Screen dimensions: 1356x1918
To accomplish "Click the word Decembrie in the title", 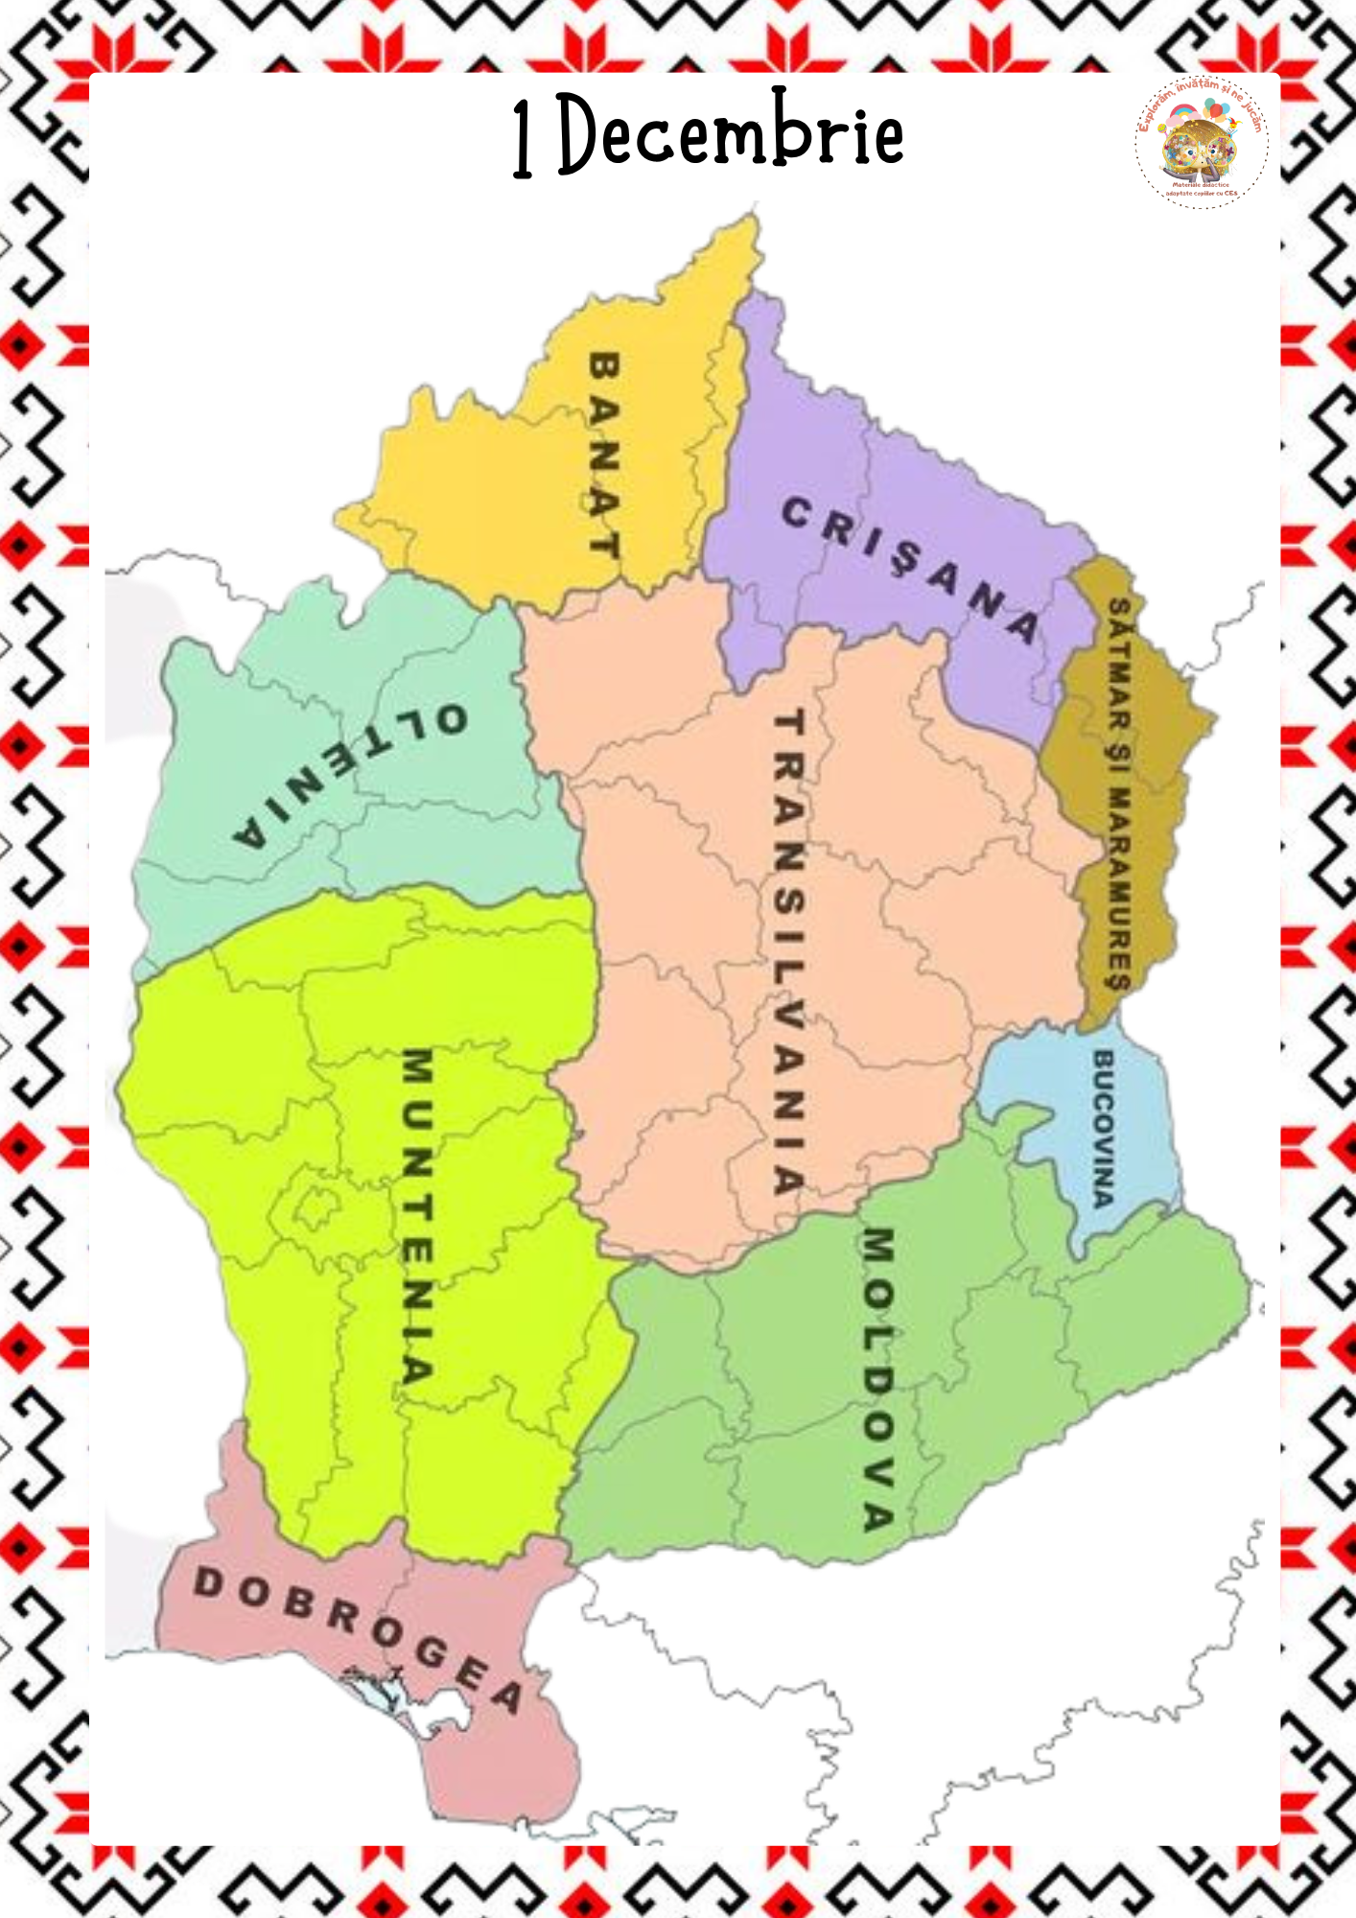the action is click(x=731, y=134).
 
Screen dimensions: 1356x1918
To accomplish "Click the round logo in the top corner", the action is click(x=1202, y=142).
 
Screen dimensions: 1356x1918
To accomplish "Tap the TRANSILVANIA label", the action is click(x=788, y=949).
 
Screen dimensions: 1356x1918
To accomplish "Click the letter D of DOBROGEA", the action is click(x=207, y=1581).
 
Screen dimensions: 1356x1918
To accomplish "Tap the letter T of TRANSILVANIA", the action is click(x=788, y=721).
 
